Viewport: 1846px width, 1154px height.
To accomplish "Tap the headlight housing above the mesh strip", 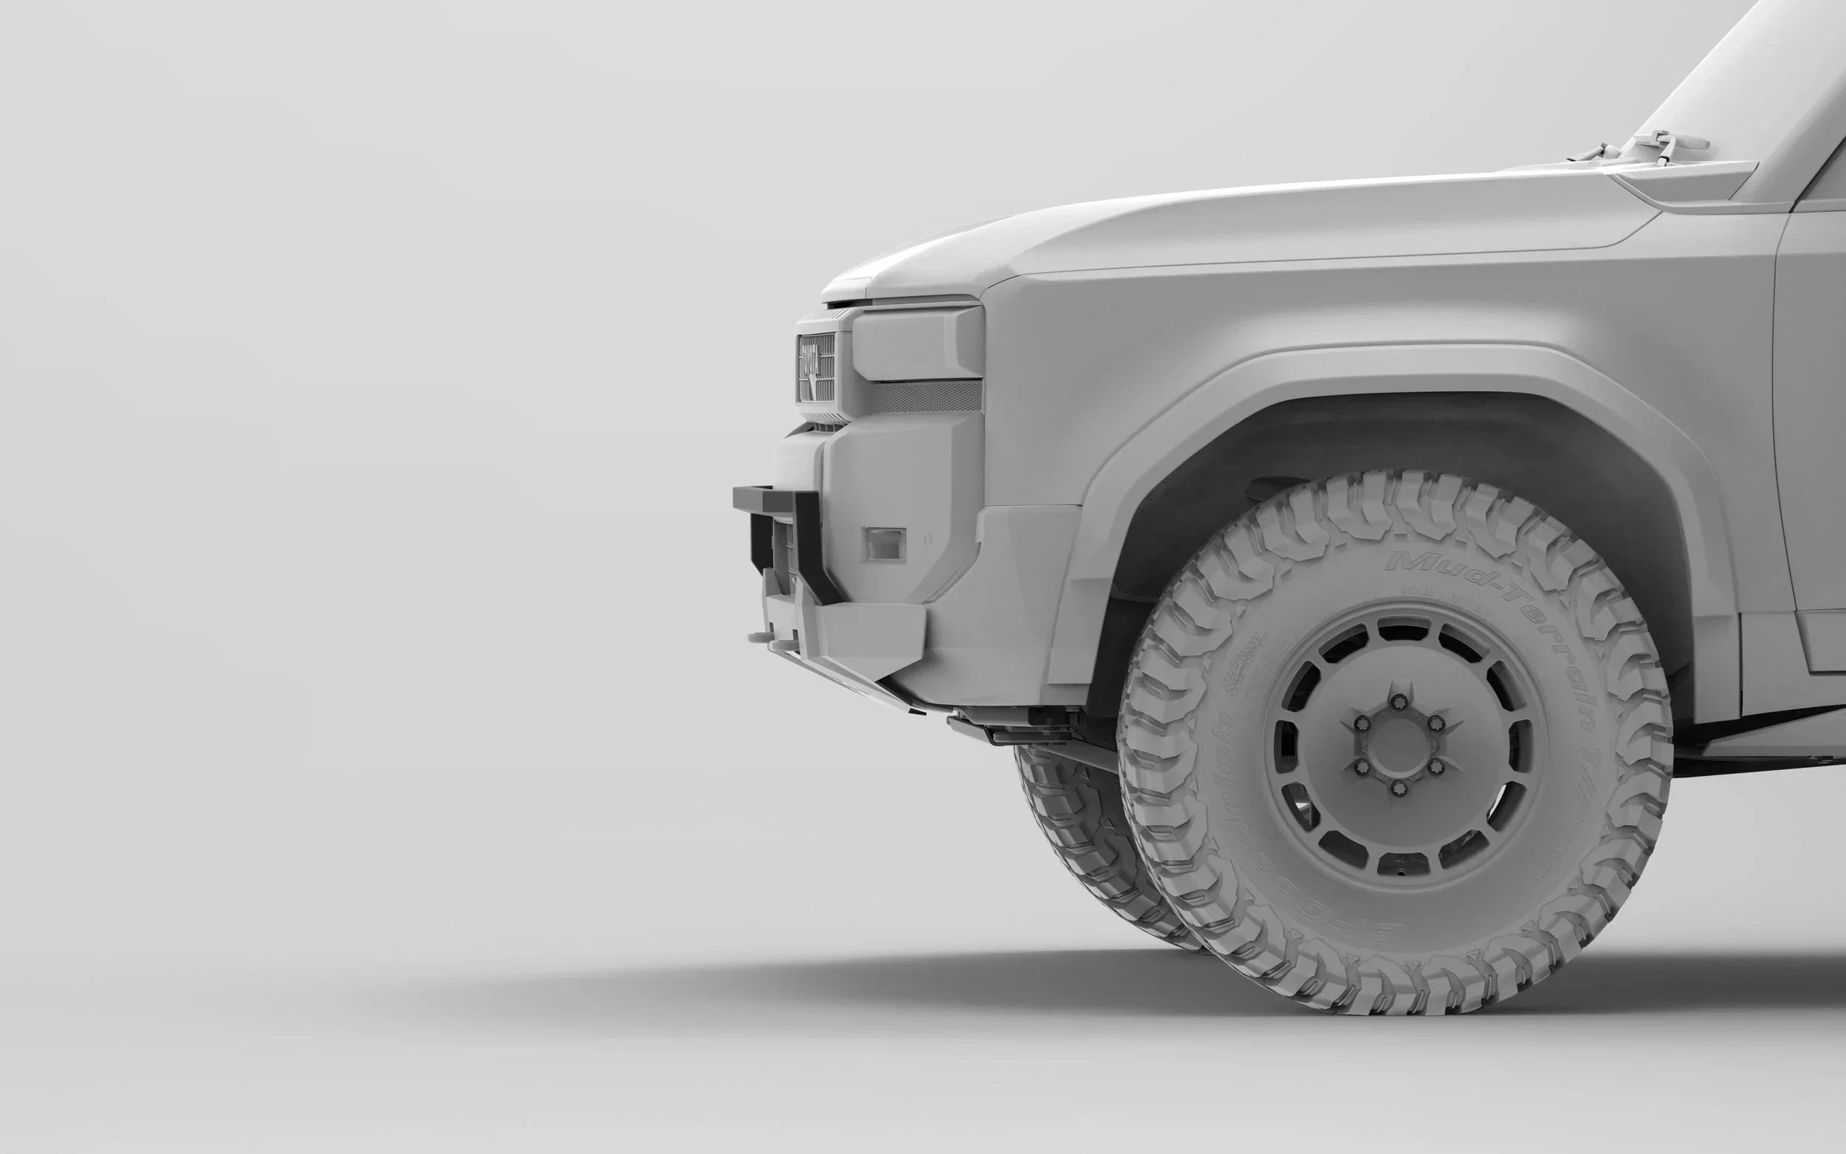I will [916, 343].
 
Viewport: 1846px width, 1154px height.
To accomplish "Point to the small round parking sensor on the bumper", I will [928, 540].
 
